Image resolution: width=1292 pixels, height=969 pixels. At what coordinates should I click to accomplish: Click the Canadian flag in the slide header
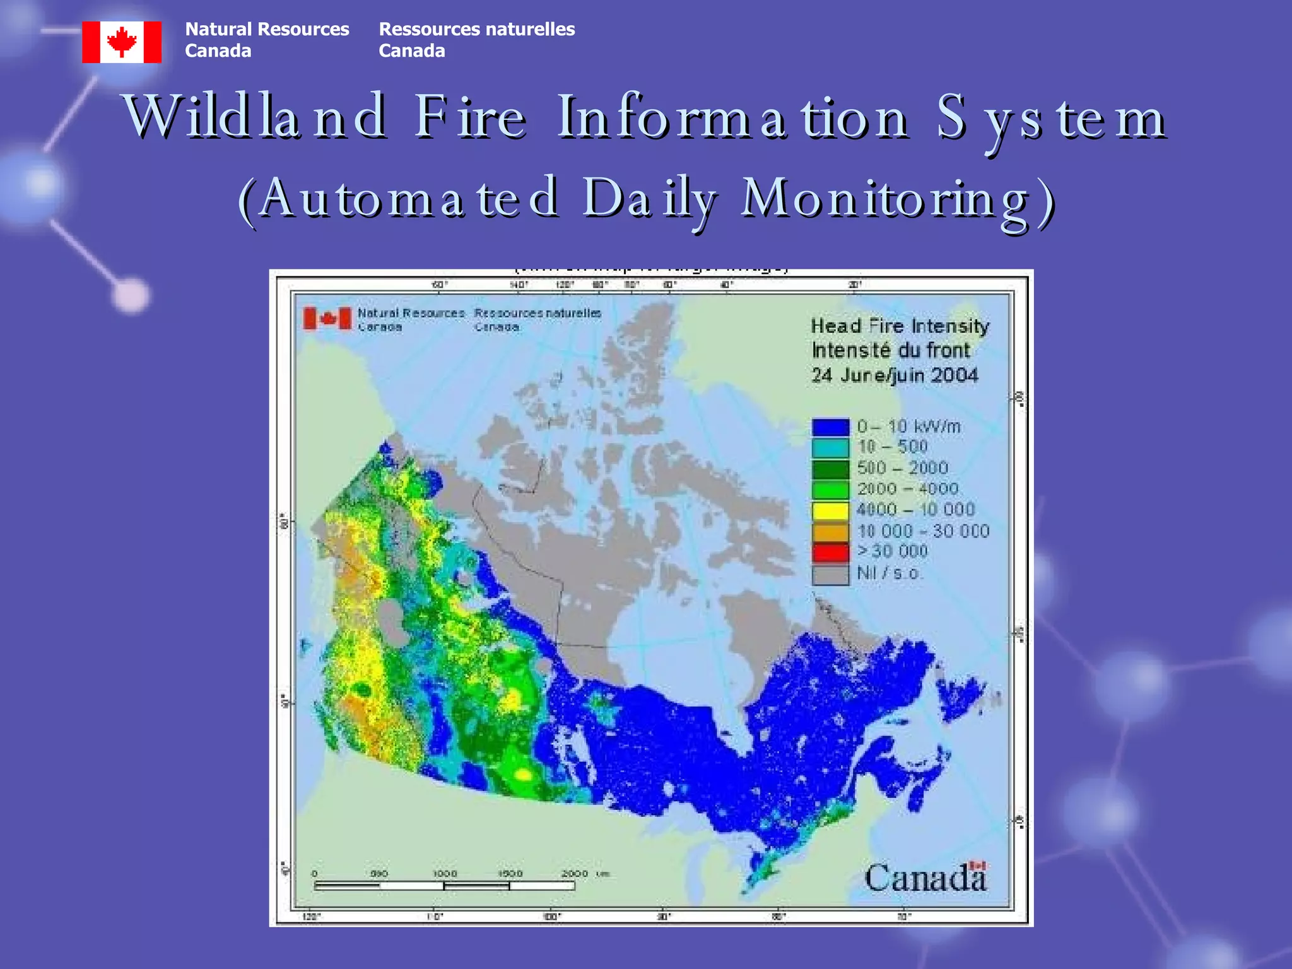tap(122, 42)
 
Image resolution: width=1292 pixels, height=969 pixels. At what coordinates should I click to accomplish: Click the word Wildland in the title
tap(255, 117)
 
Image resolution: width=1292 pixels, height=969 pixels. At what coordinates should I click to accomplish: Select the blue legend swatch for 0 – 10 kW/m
tap(830, 427)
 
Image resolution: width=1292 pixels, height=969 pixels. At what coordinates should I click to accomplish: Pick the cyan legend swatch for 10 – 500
tap(830, 448)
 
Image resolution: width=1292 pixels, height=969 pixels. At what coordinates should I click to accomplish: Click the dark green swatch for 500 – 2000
tap(830, 469)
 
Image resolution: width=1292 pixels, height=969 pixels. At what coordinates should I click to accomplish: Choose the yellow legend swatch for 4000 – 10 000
tap(830, 510)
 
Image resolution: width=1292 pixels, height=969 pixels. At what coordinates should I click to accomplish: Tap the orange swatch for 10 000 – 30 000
tap(830, 532)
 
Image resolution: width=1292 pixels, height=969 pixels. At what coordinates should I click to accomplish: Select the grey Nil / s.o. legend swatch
tap(830, 574)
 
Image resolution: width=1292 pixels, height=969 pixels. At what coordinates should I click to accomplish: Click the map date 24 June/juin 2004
tap(895, 375)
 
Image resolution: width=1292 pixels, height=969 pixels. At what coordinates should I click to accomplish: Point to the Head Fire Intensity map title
tap(900, 326)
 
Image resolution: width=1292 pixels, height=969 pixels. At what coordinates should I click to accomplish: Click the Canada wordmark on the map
tap(924, 878)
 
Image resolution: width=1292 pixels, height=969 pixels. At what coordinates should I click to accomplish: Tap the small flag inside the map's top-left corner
tap(327, 319)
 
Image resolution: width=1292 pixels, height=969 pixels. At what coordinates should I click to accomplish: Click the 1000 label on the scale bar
tap(445, 874)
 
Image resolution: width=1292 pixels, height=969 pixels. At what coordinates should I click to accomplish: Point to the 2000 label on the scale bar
tap(574, 874)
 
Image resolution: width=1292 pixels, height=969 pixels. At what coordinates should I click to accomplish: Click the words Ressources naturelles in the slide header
tap(476, 29)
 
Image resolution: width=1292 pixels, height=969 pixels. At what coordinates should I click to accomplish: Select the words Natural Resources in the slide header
tap(267, 29)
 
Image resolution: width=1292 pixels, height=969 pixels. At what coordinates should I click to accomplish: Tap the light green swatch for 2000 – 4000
tap(830, 490)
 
